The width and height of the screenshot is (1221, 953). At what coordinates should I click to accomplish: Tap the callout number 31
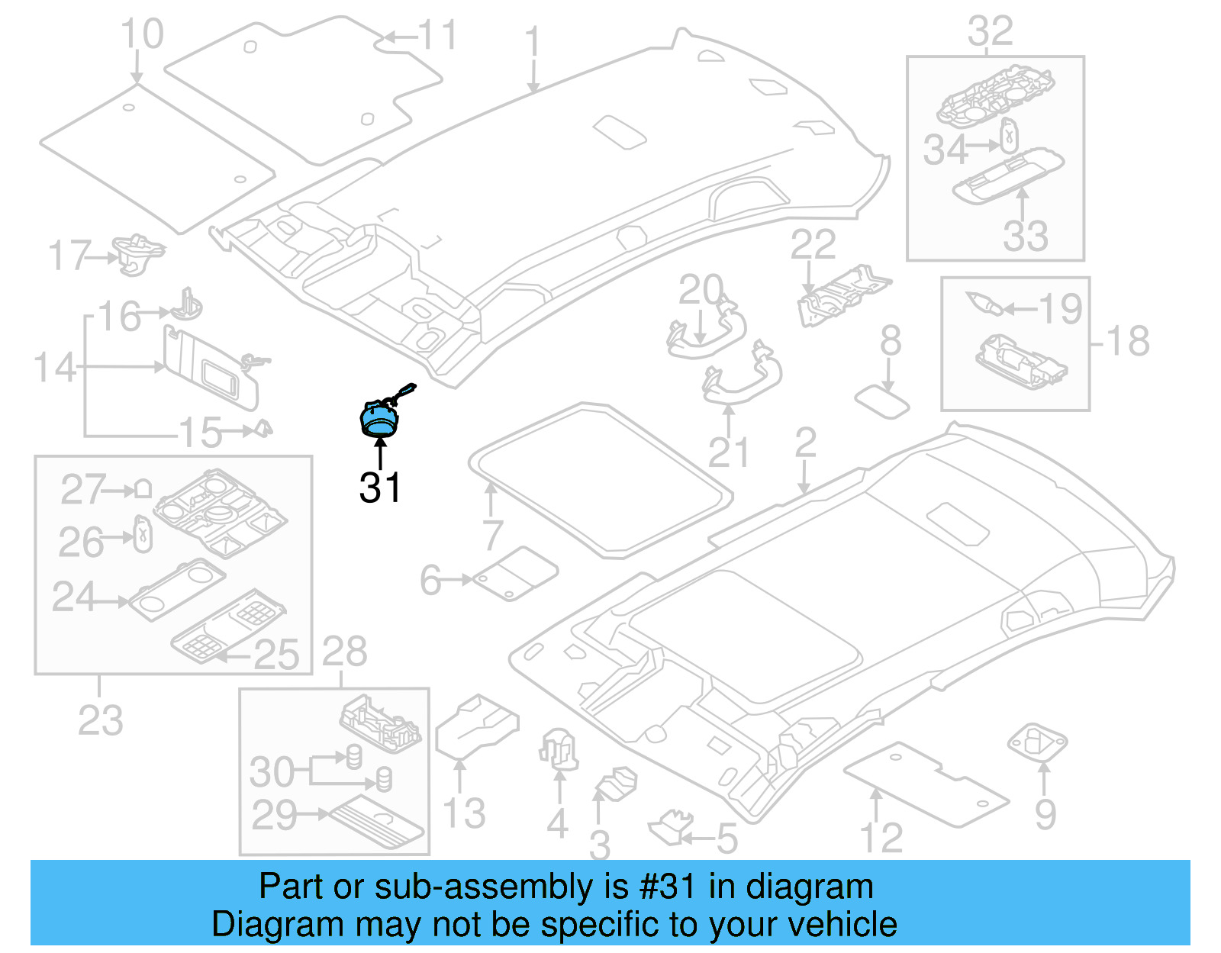379,488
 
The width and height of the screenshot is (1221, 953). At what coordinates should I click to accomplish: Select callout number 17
69,256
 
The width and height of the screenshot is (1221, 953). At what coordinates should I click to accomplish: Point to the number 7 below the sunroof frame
492,535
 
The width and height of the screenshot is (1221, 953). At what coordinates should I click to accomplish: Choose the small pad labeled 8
882,401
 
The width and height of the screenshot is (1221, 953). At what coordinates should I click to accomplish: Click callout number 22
813,245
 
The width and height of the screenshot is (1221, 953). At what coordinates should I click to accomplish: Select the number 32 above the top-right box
990,32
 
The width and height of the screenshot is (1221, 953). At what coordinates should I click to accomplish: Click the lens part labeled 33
1007,175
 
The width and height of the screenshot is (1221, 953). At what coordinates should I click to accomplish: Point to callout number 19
1060,308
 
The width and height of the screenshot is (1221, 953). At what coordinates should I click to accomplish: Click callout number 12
881,838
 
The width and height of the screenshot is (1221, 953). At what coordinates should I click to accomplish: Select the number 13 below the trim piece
464,813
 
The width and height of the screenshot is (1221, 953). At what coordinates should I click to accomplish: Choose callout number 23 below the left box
100,720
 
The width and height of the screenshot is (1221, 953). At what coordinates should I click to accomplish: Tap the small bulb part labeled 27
143,488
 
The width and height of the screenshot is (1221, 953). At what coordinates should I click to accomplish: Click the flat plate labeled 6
515,572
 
